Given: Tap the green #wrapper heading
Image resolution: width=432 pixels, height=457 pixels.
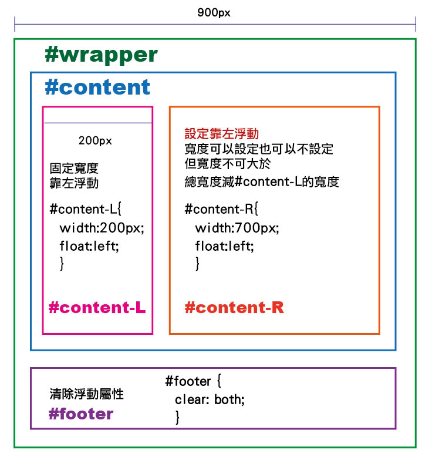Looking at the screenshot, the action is tap(101, 55).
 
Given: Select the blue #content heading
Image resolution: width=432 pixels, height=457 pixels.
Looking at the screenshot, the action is tap(97, 87).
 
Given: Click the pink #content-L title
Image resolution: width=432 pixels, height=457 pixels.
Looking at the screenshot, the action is tap(97, 307).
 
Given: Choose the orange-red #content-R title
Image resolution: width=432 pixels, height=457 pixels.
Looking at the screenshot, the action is tap(234, 307).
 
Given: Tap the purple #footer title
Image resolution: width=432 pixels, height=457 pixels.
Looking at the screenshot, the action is tap(80, 414).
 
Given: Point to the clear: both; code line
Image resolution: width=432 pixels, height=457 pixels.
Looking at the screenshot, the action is tap(210, 399).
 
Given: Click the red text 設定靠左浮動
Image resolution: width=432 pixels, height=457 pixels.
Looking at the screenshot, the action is tap(222, 134).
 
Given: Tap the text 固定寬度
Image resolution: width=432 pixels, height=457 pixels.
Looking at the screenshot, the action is tap(74, 168).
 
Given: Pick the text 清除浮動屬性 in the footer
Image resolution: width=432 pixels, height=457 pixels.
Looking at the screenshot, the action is tap(86, 394).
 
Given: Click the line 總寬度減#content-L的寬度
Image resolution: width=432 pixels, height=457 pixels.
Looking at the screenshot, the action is tap(262, 182).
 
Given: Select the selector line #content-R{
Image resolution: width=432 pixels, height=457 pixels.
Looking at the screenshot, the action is tap(221, 209).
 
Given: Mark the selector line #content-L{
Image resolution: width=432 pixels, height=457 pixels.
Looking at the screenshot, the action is tap(86, 209).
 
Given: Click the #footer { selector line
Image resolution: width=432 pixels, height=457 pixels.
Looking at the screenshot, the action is tap(193, 381).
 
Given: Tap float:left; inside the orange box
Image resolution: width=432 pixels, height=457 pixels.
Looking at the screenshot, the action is tap(225, 246).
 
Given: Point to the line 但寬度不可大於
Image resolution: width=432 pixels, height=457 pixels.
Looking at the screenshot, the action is tap(228, 163).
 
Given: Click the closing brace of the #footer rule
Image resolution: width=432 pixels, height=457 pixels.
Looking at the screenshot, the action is tap(177, 418).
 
